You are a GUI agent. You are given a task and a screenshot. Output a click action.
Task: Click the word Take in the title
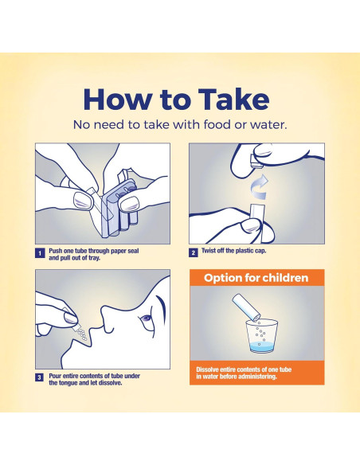233,99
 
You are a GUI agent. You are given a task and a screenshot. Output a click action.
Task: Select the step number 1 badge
40,253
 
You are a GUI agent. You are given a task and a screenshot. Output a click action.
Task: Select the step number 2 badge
194,252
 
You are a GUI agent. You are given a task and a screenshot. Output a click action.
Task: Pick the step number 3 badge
40,377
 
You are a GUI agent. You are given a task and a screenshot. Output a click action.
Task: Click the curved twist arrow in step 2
260,188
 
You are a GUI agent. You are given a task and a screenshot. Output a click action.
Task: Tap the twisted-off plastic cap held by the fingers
256,162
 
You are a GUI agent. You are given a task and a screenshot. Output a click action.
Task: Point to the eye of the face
147,318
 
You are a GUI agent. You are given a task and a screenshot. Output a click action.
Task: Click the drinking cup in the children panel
261,336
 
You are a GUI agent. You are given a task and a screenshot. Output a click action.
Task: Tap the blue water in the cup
261,346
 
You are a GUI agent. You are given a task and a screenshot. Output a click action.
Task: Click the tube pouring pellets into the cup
246,307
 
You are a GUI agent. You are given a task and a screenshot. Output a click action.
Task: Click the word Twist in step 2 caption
209,251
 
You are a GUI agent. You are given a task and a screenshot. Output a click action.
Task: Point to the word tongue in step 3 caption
69,383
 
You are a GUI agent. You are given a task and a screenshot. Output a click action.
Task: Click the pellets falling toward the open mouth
81,334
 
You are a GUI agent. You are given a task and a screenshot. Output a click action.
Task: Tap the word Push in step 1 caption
56,251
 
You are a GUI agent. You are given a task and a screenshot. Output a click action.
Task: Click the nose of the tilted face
108,315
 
